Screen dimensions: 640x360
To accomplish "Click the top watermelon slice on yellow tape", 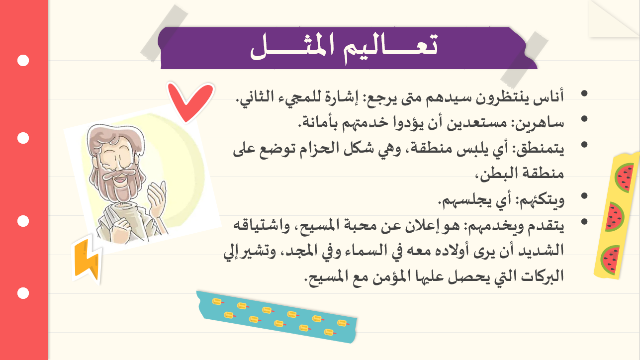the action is (624, 178).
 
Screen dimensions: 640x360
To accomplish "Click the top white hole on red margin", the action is (23, 61).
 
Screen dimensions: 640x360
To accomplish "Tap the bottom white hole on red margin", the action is (23, 293).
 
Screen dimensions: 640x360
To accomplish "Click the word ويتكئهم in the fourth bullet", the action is (540, 200).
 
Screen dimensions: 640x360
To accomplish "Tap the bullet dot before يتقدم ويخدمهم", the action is (584, 221).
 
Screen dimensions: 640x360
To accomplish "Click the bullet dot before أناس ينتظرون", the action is (584, 93).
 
